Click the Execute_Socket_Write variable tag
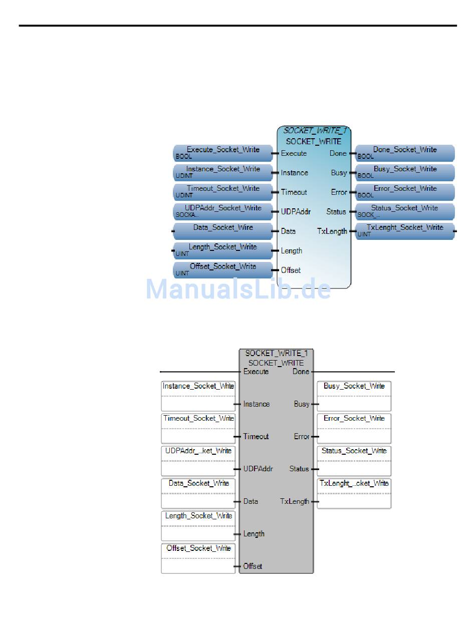pos(223,153)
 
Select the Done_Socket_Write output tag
pos(405,153)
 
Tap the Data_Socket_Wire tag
pos(223,231)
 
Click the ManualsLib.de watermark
pos(238,289)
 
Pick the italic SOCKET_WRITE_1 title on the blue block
pos(315,131)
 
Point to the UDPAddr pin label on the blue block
pos(296,212)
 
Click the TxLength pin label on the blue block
pos(332,231)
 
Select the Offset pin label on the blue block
pos(291,270)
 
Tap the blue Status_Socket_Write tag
pos(405,211)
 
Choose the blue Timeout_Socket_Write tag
pos(223,192)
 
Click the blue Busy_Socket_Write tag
pos(405,172)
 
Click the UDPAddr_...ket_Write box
pos(198,461)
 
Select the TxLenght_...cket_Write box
pos(354,493)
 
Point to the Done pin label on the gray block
pos(301,372)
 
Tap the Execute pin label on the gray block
pos(256,372)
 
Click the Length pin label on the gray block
pos(254,534)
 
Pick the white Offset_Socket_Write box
pos(198,558)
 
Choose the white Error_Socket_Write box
pos(354,428)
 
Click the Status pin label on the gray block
pos(299,469)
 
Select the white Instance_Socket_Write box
pos(198,396)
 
